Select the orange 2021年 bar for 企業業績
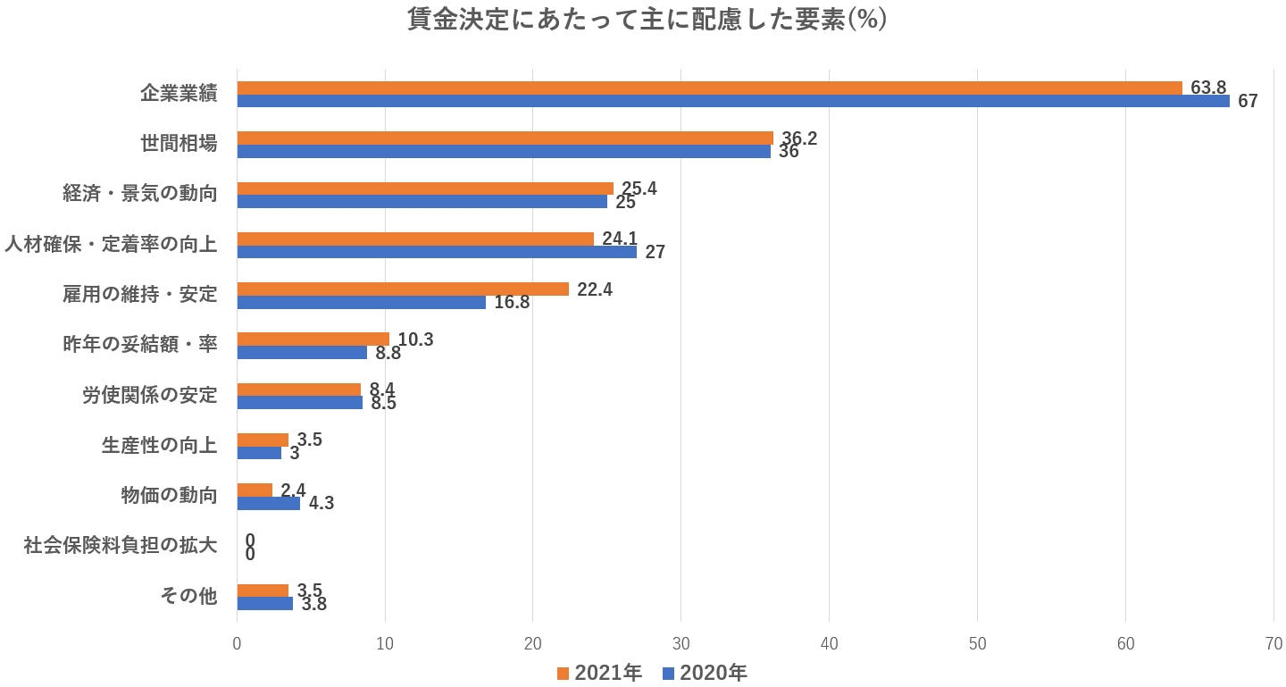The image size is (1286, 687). (x=709, y=88)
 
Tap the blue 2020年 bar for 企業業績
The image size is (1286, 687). (x=732, y=101)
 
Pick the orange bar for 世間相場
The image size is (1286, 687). (x=505, y=138)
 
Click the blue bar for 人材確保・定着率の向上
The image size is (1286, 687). (x=437, y=252)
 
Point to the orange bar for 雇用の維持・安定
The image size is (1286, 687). (x=403, y=289)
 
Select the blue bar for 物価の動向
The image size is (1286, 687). (x=268, y=503)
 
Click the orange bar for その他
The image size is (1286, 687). (x=263, y=591)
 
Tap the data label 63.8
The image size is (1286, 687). (x=1208, y=88)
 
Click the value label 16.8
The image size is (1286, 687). (x=512, y=302)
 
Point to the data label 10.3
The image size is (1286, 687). (x=415, y=339)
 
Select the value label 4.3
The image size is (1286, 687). (x=321, y=503)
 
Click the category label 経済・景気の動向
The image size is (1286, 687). (x=140, y=193)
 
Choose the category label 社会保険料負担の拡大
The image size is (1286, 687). (x=121, y=545)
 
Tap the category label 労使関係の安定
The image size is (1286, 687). (x=150, y=394)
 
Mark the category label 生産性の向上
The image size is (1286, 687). (x=160, y=444)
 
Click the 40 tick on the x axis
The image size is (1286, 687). (x=829, y=644)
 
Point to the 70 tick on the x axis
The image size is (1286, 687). (x=1273, y=644)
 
